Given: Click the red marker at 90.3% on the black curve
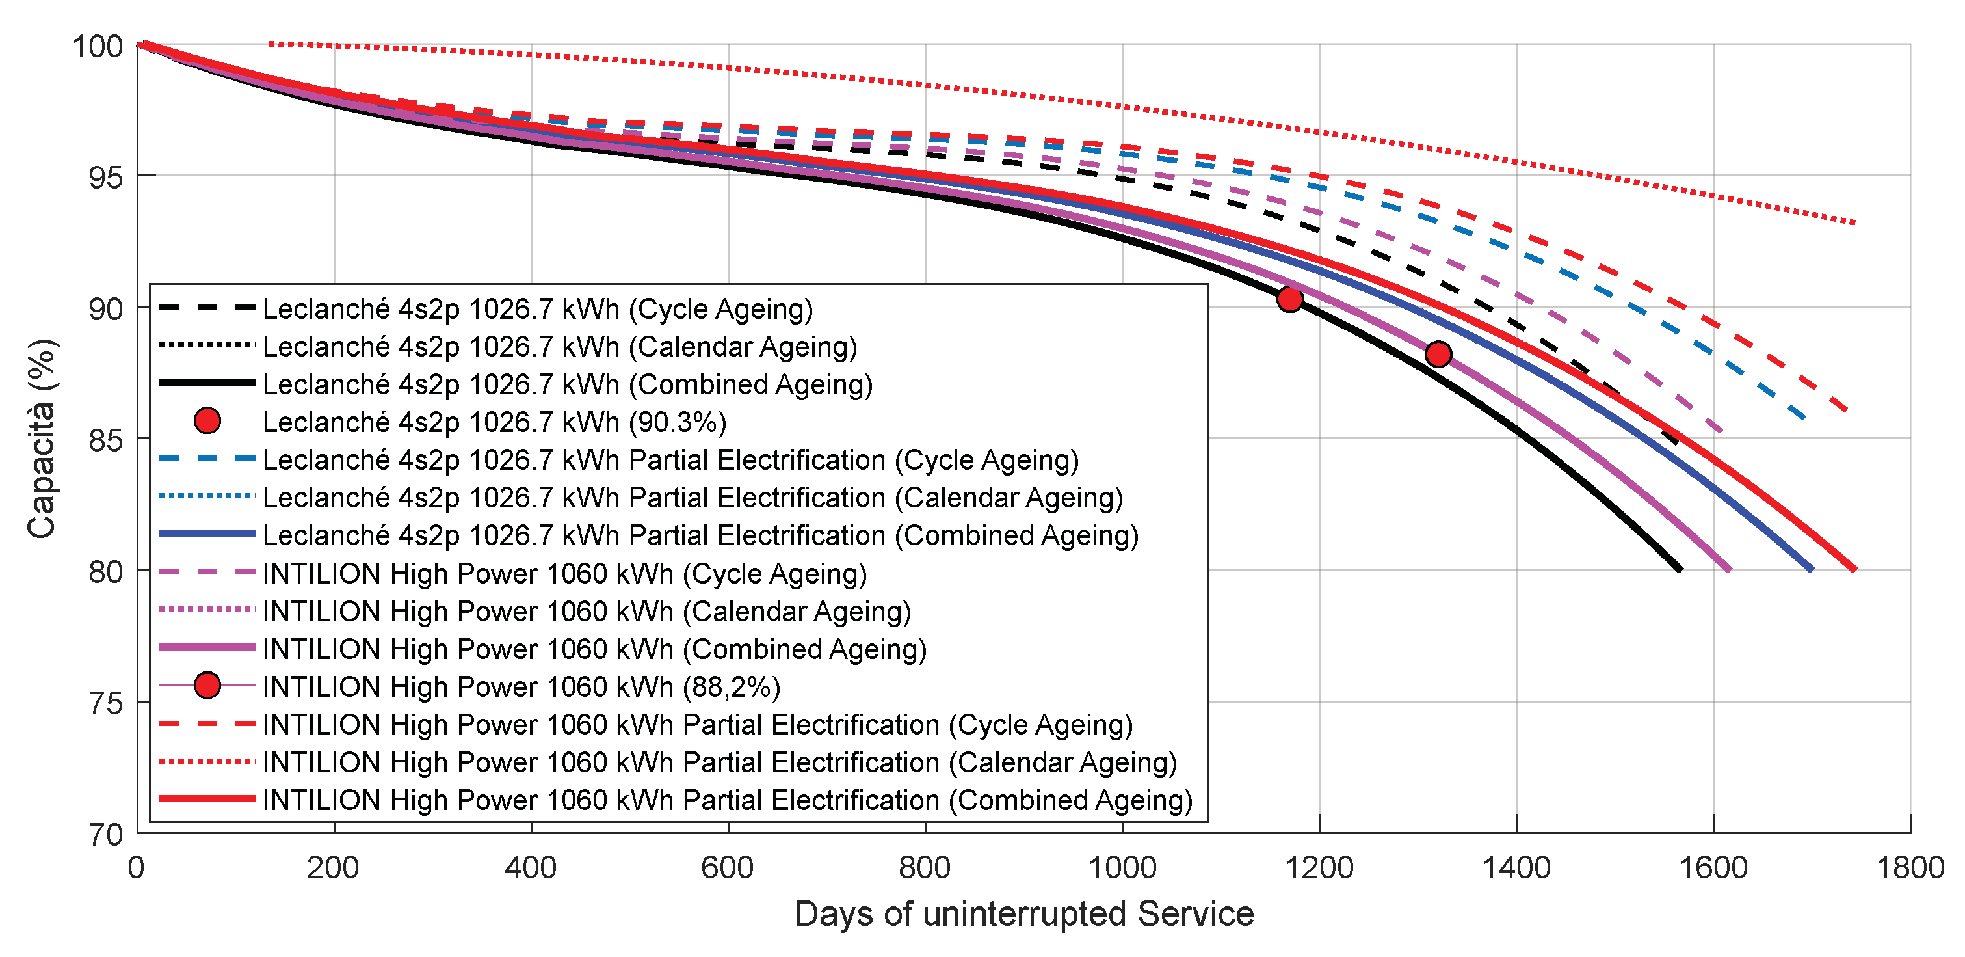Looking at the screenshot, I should pos(1289,299).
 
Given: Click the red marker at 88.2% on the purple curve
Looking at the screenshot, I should pos(1438,354).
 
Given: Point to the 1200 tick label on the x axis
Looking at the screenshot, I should pos(1319,868).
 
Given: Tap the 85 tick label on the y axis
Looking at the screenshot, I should pos(105,440).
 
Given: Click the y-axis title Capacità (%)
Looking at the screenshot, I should pos(42,439).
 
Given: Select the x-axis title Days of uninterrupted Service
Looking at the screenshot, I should pos(1023,913).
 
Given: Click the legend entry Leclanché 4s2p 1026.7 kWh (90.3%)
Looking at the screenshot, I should pos(494,422).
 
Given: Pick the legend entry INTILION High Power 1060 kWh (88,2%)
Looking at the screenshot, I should pos(521,687).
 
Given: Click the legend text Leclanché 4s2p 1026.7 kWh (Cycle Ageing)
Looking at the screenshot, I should pos(538,309).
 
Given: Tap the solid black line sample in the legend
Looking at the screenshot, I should pos(207,383).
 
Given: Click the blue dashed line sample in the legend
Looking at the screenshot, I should pos(207,459).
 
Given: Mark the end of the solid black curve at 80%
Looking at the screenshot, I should pos(1680,569).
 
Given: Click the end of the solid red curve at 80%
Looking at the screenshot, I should pos(1854,569).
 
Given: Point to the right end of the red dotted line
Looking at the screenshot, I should pos(1854,223).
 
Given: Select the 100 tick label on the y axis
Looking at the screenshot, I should pos(98,47).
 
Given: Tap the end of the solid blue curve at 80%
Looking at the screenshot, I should pos(1812,569).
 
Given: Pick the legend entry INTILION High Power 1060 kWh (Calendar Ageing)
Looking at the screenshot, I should pos(587,612).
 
